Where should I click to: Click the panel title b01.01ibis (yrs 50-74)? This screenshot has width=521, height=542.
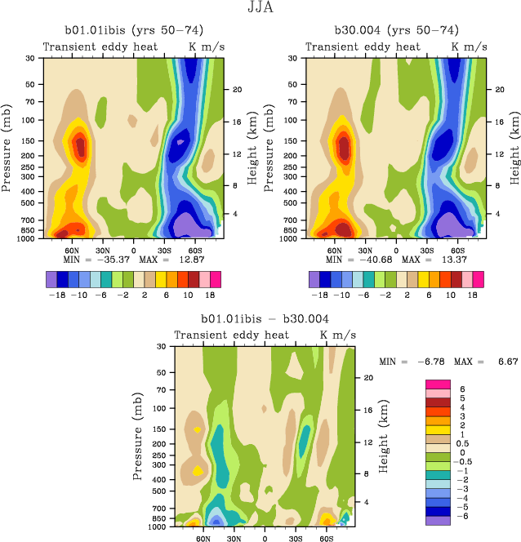click(x=131, y=30)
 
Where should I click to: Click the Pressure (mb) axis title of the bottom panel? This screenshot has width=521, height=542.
click(x=135, y=436)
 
